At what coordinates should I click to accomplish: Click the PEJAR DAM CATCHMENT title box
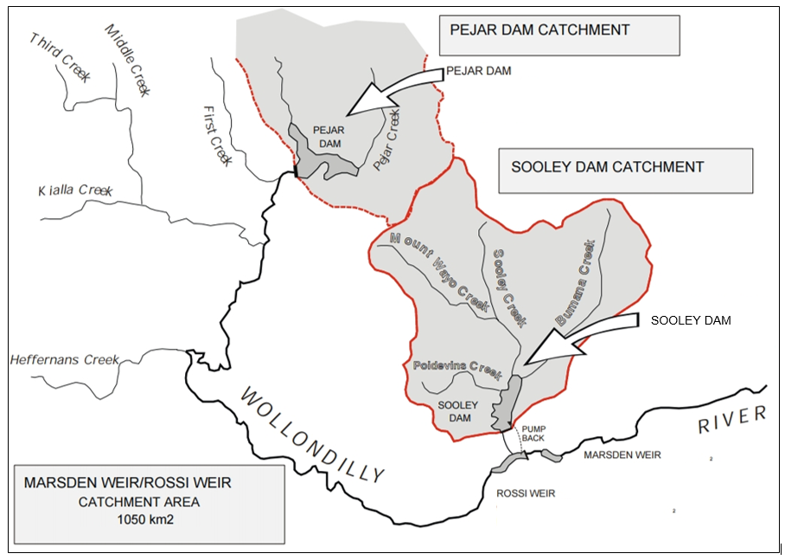[x=559, y=34]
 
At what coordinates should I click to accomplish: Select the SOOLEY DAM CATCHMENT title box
[x=626, y=170]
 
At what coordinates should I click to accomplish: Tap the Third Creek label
[x=60, y=58]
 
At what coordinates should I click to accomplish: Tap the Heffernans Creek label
[x=63, y=359]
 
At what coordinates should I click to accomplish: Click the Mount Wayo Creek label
[x=440, y=272]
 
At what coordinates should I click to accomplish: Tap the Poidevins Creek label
[x=456, y=369]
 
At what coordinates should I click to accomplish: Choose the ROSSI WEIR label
[x=526, y=493]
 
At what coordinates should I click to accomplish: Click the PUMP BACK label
[x=533, y=433]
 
